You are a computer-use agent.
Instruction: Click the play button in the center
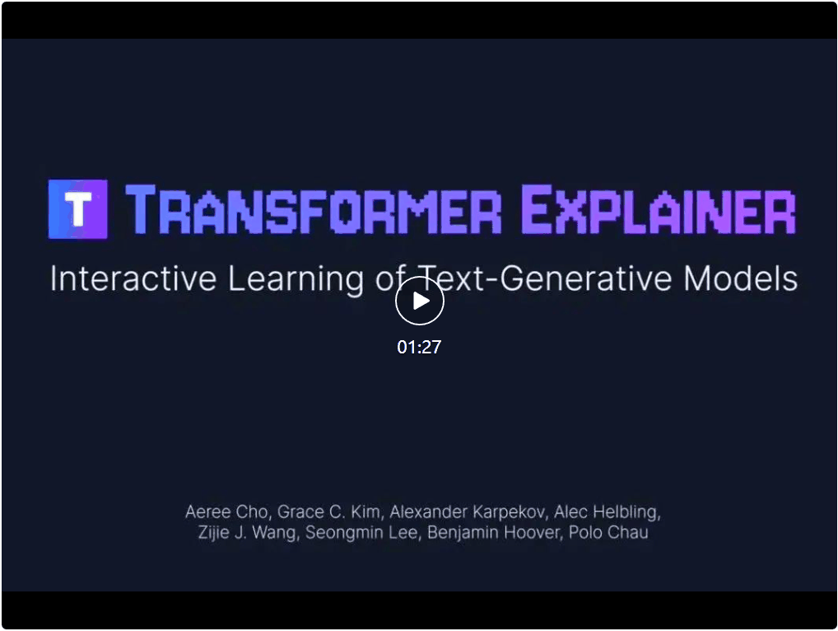420,301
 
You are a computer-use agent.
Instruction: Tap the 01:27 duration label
419,347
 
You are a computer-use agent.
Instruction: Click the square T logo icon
78,209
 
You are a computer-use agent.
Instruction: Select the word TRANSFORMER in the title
313,209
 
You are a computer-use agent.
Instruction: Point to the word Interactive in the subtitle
133,278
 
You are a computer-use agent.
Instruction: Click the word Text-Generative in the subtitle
544,278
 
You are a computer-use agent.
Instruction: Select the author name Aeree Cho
226,512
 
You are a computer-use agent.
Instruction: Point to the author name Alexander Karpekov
467,512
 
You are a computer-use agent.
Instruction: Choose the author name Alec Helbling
607,512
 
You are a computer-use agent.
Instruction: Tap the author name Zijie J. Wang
246,533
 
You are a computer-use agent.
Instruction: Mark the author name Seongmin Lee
361,533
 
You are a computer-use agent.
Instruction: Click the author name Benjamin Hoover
493,533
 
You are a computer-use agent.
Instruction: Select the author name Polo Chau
608,533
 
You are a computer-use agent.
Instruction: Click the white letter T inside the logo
78,209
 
